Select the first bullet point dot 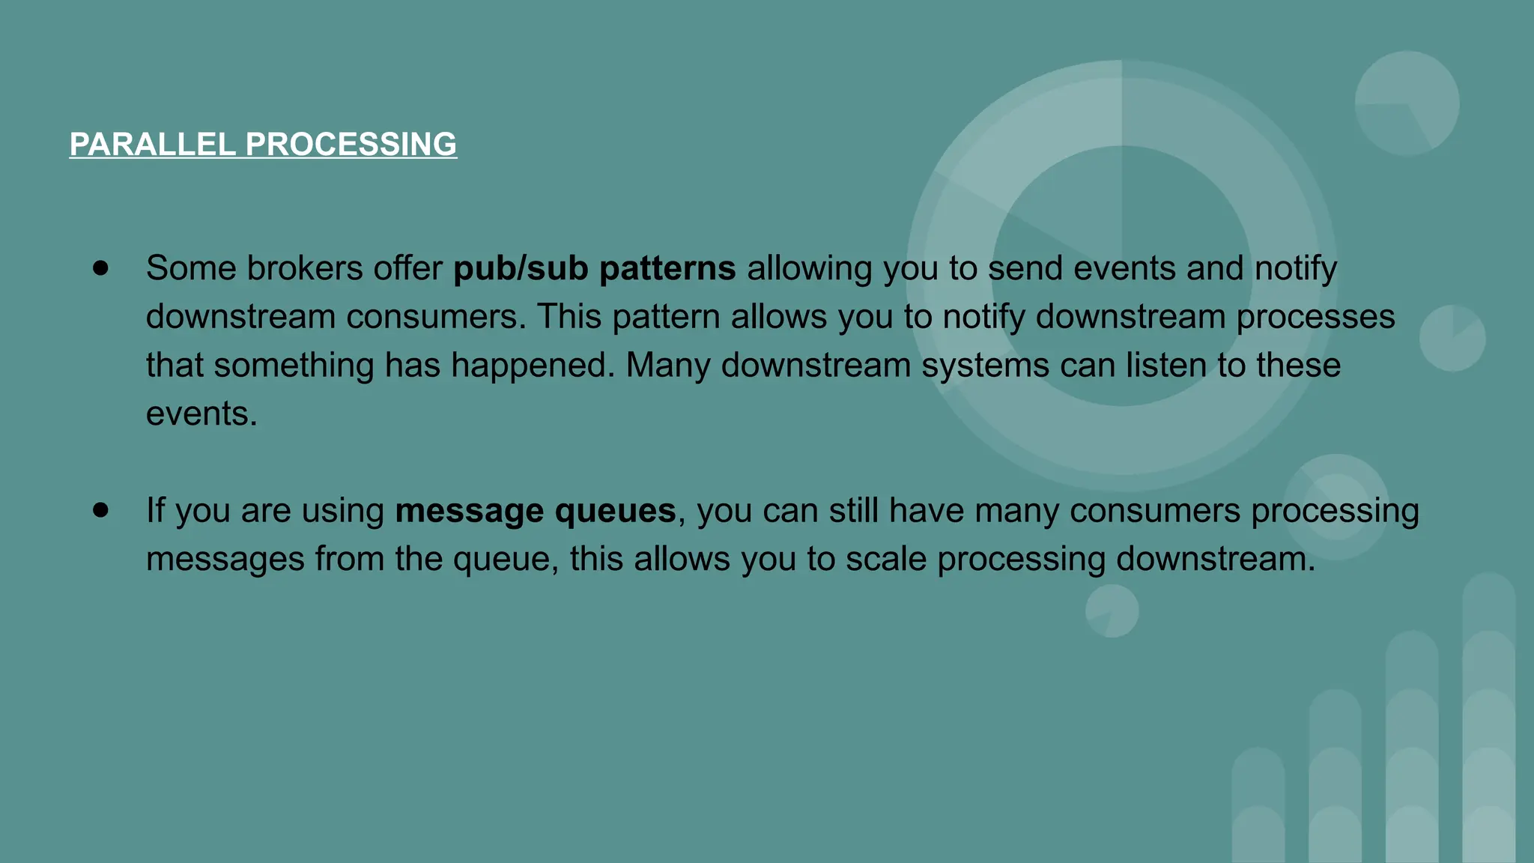101,268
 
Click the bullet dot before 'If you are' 101,510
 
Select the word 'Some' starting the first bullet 191,268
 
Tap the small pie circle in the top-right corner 1407,103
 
